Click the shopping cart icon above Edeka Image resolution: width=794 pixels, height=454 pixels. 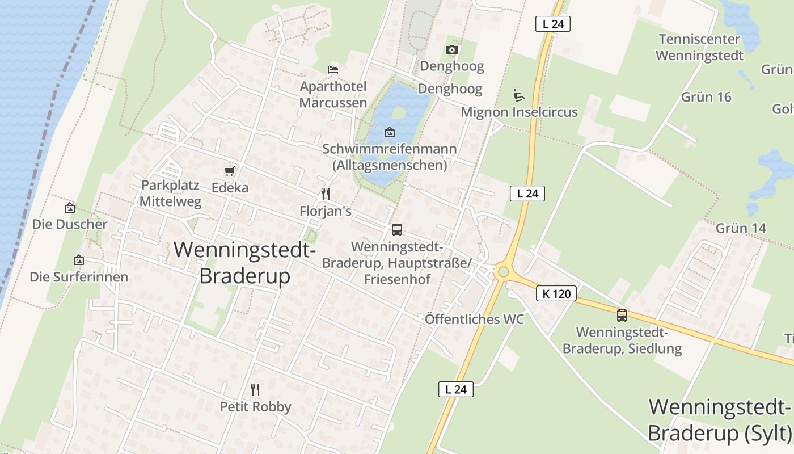pyautogui.click(x=230, y=171)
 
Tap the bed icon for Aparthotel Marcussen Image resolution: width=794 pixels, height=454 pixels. pyautogui.click(x=333, y=70)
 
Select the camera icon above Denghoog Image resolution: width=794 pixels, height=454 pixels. pyautogui.click(x=452, y=50)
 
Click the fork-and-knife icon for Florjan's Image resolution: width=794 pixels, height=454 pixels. pyautogui.click(x=326, y=194)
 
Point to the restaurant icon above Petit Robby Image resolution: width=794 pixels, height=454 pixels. pyautogui.click(x=255, y=389)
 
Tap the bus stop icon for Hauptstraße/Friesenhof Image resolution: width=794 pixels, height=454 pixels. pyautogui.click(x=397, y=230)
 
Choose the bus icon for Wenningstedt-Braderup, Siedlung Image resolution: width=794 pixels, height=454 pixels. pyautogui.click(x=622, y=315)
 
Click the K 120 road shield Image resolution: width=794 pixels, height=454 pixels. pyautogui.click(x=556, y=293)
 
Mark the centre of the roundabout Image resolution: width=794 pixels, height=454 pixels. pyautogui.click(x=502, y=272)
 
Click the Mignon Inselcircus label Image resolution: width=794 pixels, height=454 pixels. pyautogui.click(x=519, y=112)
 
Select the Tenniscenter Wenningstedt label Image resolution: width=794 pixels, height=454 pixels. pyautogui.click(x=699, y=48)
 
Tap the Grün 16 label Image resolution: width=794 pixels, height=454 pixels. pyautogui.click(x=706, y=97)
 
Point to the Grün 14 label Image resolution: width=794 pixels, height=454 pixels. pyautogui.click(x=741, y=228)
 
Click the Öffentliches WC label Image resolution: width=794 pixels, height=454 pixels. pyautogui.click(x=474, y=320)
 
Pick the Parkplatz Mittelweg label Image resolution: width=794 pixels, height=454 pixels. pyautogui.click(x=171, y=194)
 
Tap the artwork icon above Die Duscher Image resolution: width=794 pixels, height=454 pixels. pyautogui.click(x=70, y=208)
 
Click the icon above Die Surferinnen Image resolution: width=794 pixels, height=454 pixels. pyautogui.click(x=79, y=260)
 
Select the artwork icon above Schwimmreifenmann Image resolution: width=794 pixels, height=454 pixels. pyautogui.click(x=390, y=132)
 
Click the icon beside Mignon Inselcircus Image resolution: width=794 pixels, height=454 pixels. pyautogui.click(x=518, y=95)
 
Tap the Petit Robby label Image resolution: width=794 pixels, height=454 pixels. pyautogui.click(x=255, y=407)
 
